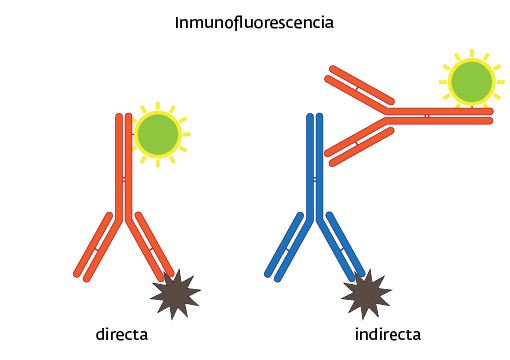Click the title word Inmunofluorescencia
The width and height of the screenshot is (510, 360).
254,21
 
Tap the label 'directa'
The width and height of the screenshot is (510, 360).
122,334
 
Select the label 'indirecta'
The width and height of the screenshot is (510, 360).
387,334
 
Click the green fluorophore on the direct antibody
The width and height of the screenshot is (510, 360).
157,134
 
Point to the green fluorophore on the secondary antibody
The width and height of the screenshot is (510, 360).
470,80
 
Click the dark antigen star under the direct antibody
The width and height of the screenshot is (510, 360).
175,295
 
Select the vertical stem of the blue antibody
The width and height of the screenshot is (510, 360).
315,165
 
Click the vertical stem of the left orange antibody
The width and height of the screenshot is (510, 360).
124,165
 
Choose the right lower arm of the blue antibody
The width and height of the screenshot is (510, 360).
343,244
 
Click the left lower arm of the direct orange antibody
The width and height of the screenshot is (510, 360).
95,246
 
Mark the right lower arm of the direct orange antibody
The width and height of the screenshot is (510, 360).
152,244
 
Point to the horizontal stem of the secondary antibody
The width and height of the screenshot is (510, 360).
440,115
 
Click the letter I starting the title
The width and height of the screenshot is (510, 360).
177,21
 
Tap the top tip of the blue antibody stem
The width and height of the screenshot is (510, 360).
315,116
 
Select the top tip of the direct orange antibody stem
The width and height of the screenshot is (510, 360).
124,116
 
